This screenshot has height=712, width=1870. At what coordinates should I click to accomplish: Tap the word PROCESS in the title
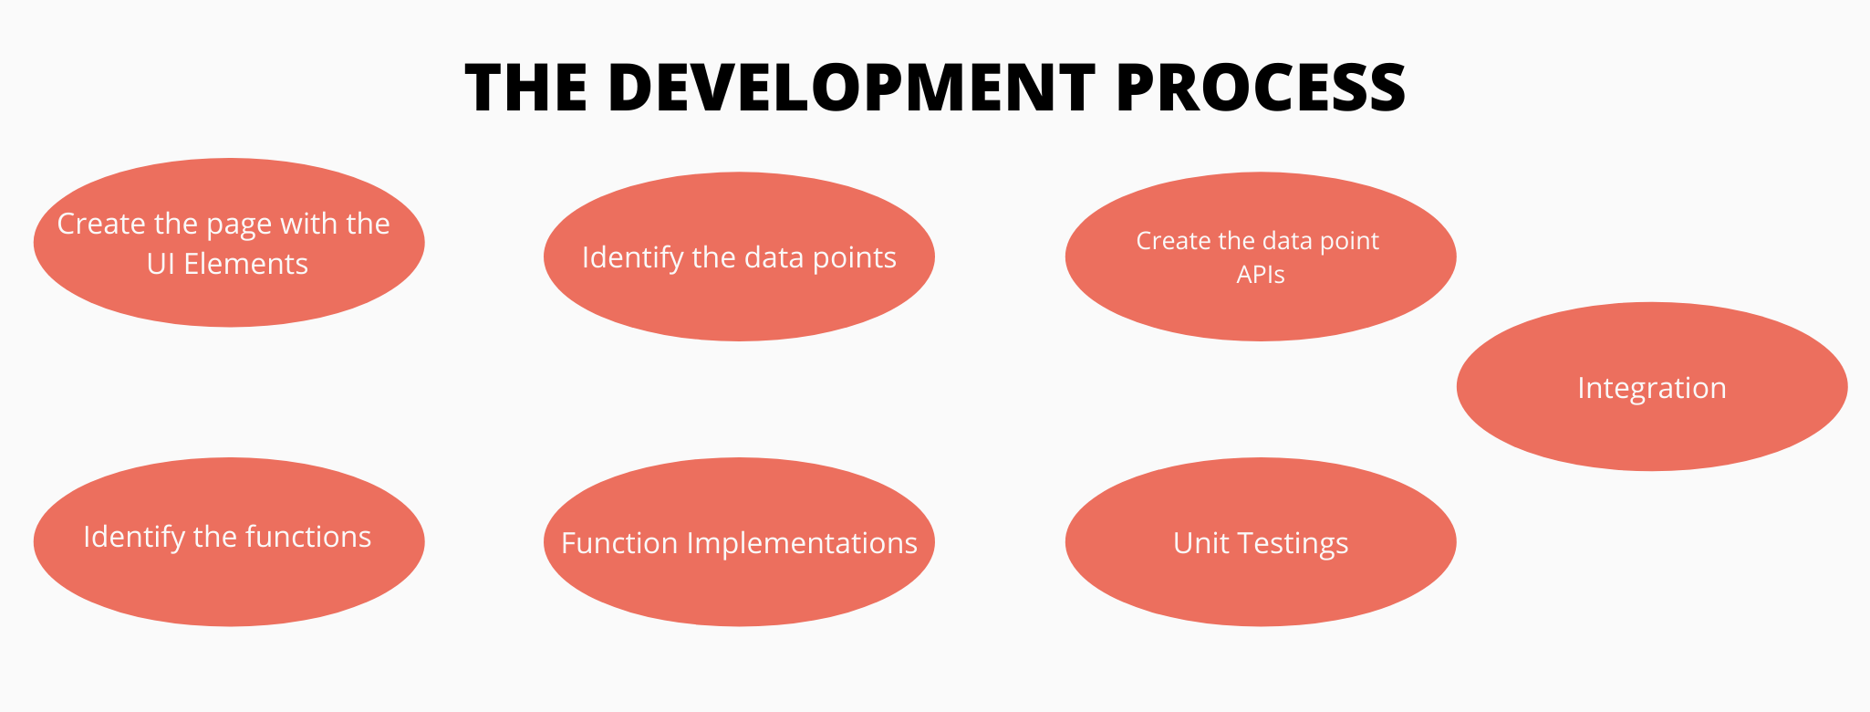click(1260, 89)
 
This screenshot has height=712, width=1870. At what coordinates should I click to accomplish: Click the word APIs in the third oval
click(1260, 275)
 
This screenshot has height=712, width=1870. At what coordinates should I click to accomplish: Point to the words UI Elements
click(227, 264)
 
